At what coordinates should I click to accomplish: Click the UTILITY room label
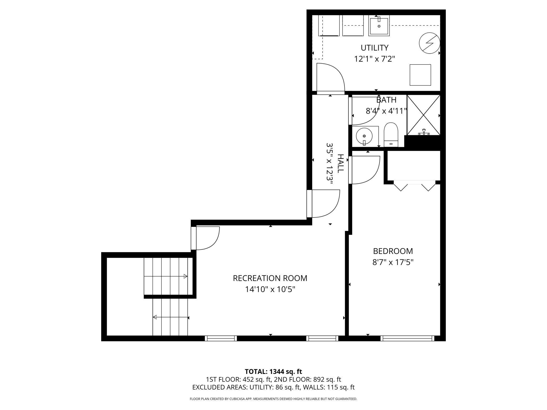[374, 48]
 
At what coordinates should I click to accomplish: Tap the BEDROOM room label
[393, 251]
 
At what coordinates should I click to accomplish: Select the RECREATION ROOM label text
[270, 278]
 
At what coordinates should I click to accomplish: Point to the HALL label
[341, 163]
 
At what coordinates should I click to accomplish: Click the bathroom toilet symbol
[391, 135]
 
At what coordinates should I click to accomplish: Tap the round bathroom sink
[364, 136]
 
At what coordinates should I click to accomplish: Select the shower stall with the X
[423, 115]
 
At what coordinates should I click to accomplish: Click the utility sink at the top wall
[379, 25]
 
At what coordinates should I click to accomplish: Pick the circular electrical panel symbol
[429, 43]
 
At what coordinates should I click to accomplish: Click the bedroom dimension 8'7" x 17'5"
[393, 263]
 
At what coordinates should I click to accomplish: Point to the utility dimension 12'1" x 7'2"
[375, 59]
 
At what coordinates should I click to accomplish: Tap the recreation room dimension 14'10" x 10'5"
[270, 289]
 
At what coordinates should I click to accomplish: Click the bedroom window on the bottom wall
[407, 338]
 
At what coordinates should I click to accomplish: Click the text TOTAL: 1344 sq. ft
[273, 372]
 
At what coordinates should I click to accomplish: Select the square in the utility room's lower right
[420, 75]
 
